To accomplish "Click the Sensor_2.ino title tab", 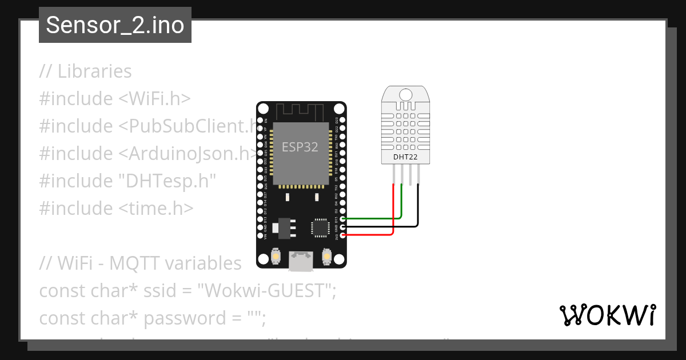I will (x=115, y=25).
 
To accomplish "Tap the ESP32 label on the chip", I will (x=300, y=147).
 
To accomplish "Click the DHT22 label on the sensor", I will (x=405, y=157).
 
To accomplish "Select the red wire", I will (x=393, y=211).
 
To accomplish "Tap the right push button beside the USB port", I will (x=328, y=257).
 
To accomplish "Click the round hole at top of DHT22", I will (x=406, y=94).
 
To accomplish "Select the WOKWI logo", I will (x=607, y=315).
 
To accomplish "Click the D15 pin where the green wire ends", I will (x=342, y=218).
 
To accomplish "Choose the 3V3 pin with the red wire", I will (x=342, y=234).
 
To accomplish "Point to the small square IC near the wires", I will (x=320, y=227).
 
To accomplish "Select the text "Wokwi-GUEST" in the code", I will (x=264, y=290).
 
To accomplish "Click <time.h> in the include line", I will (x=155, y=208).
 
